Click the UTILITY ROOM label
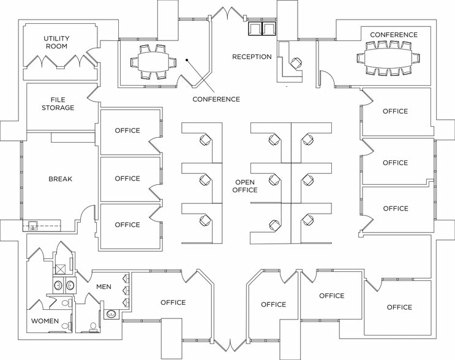point(56,42)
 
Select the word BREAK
point(61,179)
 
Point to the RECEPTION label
point(252,57)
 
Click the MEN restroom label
point(103,287)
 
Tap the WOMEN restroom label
point(45,321)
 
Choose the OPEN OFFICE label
point(245,186)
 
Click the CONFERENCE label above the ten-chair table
point(394,35)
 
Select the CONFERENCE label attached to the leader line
point(216,99)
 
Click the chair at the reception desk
point(296,62)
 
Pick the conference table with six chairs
point(150,61)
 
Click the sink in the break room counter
point(33,225)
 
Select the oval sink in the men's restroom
point(112,315)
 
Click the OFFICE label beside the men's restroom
point(173,302)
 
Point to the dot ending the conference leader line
point(187,59)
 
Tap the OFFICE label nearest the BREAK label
point(127,179)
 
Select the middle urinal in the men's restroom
point(126,290)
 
